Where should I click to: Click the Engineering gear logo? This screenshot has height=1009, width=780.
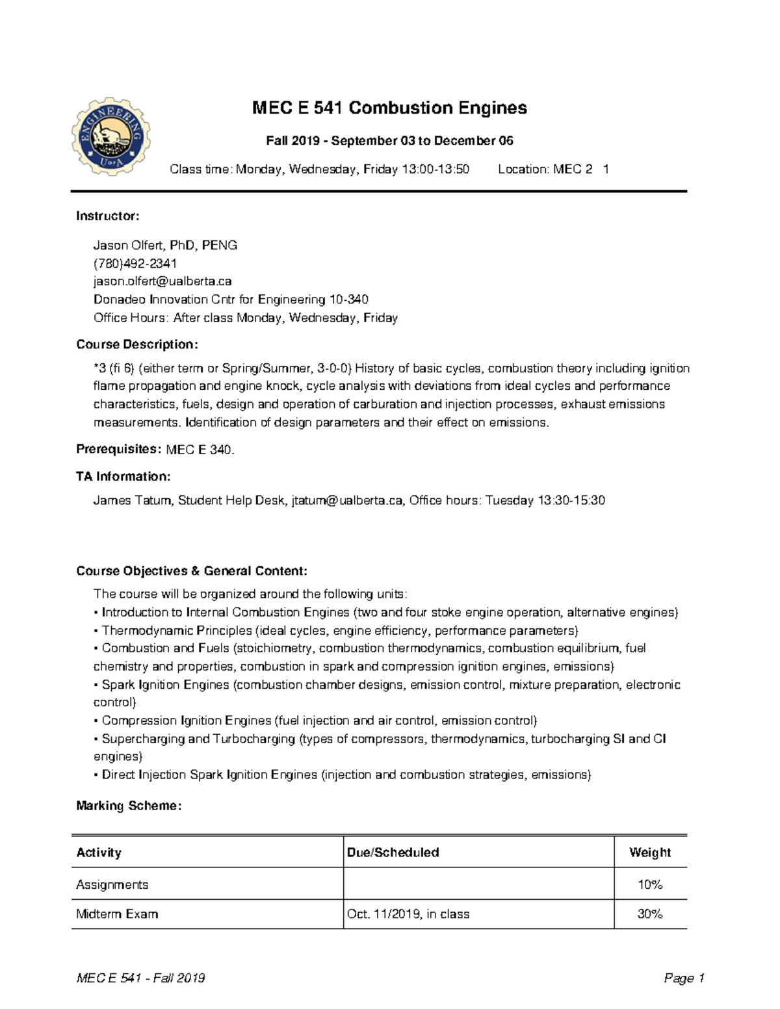pos(111,136)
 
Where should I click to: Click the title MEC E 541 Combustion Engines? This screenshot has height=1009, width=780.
pos(389,108)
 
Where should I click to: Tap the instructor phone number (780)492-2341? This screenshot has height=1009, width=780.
pos(135,263)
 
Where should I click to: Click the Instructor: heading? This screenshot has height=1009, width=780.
pos(108,216)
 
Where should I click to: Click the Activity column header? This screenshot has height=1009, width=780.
pos(99,852)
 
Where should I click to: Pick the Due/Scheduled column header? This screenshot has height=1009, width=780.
pos(393,852)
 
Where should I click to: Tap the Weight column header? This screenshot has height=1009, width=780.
pos(649,852)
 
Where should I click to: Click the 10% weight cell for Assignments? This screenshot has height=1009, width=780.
pos(649,884)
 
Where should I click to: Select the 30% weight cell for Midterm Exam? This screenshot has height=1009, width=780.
pos(649,914)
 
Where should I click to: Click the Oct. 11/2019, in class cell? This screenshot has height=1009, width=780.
pos(408,914)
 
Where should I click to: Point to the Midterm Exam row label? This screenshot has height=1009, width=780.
pos(117,914)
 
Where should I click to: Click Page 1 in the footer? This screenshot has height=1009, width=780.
pos(684,978)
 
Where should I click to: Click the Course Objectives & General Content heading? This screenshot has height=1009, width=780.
pos(192,571)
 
